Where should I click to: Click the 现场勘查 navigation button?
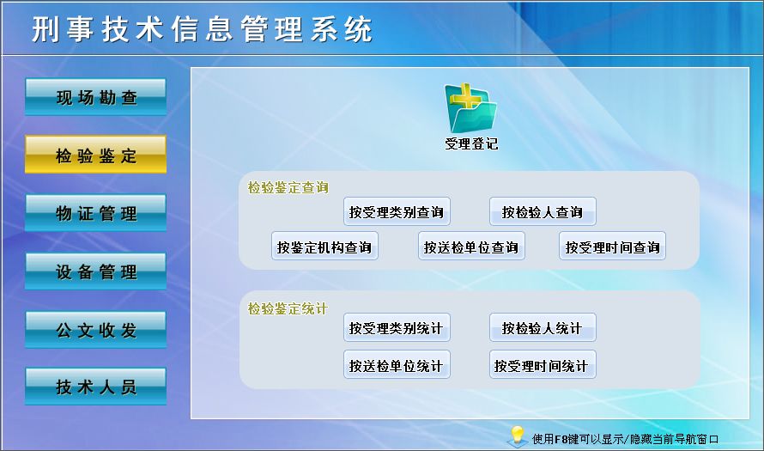95,97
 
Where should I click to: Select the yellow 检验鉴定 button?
95,155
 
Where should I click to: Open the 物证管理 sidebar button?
95,213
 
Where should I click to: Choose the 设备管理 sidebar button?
95,271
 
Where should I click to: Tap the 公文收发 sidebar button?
95,330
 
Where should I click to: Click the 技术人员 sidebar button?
95,387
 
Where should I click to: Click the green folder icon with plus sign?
470,108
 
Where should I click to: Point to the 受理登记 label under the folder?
471,143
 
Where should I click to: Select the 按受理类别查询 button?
397,212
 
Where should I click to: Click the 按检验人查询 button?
543,212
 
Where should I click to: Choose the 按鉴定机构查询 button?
324,247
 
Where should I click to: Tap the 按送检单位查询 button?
471,247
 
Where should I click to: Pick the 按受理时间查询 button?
612,247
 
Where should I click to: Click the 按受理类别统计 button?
397,328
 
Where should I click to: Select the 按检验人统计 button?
543,328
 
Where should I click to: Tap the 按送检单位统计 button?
397,365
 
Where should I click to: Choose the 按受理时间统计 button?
543,365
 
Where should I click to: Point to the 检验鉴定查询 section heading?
288,187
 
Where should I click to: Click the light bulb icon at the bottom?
517,434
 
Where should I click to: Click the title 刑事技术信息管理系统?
203,29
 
